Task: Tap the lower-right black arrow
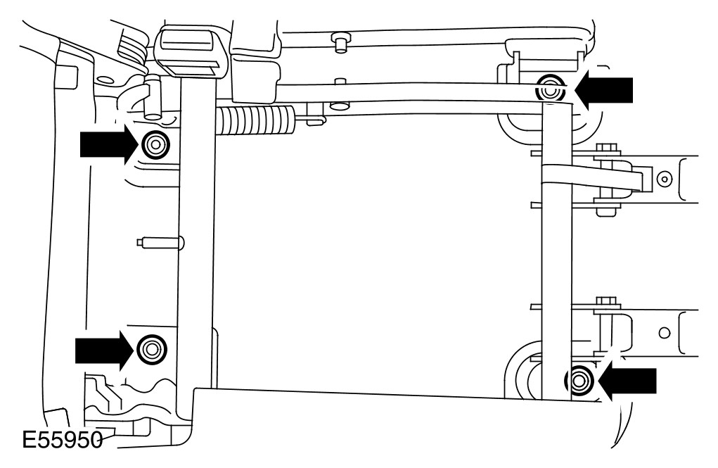click(x=628, y=381)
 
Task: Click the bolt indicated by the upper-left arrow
click(x=155, y=145)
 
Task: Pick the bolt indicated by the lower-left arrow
click(x=151, y=348)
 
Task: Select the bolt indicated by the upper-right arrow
click(x=550, y=89)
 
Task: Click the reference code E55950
click(x=59, y=442)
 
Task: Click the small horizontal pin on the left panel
click(x=160, y=243)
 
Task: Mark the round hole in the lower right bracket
click(x=663, y=329)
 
